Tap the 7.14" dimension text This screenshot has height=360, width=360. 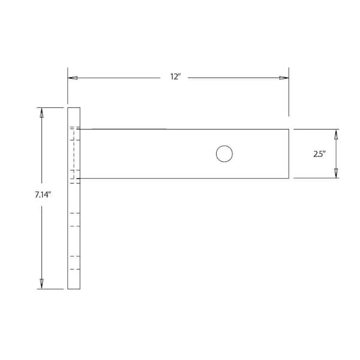[43, 196]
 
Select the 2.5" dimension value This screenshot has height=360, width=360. [319, 154]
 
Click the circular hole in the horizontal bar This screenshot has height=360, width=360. [224, 154]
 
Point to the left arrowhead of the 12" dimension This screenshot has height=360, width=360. [72, 78]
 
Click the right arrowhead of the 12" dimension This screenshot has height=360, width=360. [284, 78]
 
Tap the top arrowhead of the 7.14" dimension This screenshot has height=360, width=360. [41, 112]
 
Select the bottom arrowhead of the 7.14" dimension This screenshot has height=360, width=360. [41, 284]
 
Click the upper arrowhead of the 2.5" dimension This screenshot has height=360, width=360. [335, 134]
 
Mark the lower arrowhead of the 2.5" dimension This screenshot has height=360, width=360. [335, 173]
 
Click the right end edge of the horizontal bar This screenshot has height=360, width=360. [289, 154]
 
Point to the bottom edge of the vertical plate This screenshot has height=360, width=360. [74, 289]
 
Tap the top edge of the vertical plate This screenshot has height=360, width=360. [74, 107]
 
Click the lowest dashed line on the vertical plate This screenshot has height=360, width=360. [74, 269]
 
